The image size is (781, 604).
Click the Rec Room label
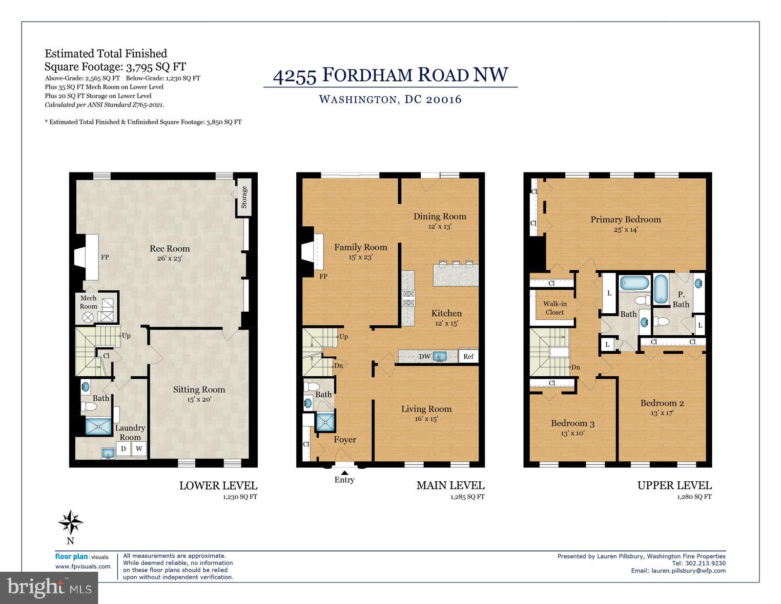pyautogui.click(x=169, y=249)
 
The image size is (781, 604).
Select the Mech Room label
pyautogui.click(x=88, y=302)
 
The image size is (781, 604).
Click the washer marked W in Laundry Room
pyautogui.click(x=139, y=449)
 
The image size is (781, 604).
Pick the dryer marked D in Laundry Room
pyautogui.click(x=123, y=449)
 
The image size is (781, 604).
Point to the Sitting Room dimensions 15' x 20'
pyautogui.click(x=199, y=399)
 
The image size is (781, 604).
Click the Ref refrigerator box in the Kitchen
pyautogui.click(x=468, y=356)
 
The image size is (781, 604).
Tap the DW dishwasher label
pyautogui.click(x=425, y=356)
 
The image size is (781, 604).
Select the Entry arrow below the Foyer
pyautogui.click(x=344, y=473)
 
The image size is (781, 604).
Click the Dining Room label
pyautogui.click(x=440, y=216)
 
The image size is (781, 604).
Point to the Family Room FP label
pyautogui.click(x=323, y=277)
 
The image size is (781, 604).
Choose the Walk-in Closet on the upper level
pyautogui.click(x=555, y=308)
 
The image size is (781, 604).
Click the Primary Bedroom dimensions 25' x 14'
pyautogui.click(x=625, y=229)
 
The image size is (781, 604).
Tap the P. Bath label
pyautogui.click(x=681, y=300)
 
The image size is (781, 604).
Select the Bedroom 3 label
pyautogui.click(x=573, y=423)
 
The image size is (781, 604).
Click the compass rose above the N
pyautogui.click(x=71, y=522)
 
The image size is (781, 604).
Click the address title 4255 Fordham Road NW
pyautogui.click(x=390, y=75)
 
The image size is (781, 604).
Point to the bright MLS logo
pyautogui.click(x=49, y=587)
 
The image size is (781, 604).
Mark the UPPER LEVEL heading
pyautogui.click(x=674, y=485)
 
